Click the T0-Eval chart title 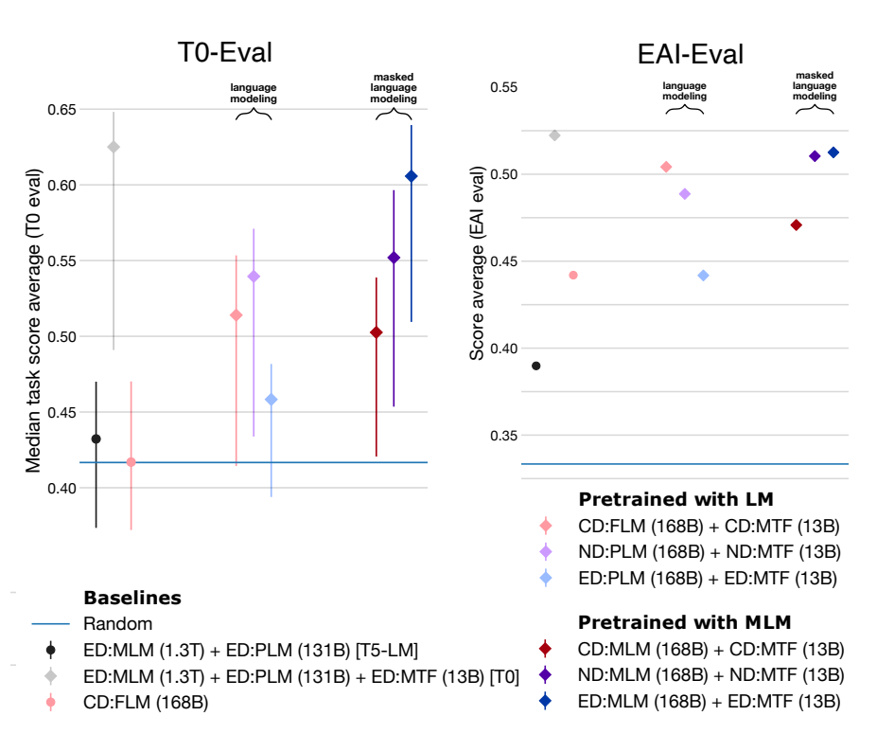pos(227,53)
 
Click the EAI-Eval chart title pos(692,55)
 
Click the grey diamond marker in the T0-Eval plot pos(114,147)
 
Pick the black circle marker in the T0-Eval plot pos(96,439)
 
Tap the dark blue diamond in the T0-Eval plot pos(411,176)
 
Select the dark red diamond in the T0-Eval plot pos(377,331)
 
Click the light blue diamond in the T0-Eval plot pos(272,400)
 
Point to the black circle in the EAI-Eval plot pos(536,366)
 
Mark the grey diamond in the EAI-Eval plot pos(554,135)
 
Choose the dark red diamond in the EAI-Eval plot pos(797,224)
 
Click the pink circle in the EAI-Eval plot pos(572,275)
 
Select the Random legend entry pos(118,624)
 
